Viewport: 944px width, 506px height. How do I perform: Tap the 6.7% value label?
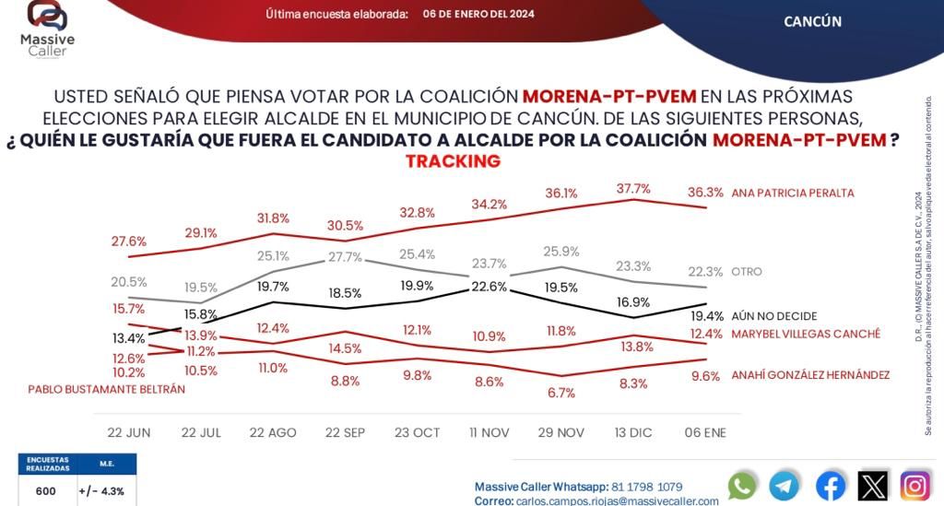click(560, 393)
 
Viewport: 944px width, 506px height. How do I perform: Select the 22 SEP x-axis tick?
click(345, 432)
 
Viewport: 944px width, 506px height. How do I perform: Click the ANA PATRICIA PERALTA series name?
click(792, 194)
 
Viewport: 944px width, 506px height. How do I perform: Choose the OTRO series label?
click(747, 272)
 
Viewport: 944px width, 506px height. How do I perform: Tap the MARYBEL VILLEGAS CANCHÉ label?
click(805, 334)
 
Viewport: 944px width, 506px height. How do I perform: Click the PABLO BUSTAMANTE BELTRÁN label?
click(107, 389)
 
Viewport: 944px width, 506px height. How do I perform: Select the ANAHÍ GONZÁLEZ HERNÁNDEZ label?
click(810, 375)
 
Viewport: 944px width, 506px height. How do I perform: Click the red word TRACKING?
click(453, 161)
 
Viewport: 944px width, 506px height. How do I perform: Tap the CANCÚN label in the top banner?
click(812, 21)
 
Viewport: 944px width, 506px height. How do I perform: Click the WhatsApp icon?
click(742, 486)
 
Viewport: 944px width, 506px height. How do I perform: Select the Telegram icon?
click(785, 486)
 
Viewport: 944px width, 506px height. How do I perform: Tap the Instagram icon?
click(914, 486)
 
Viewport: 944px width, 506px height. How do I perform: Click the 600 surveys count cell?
click(46, 491)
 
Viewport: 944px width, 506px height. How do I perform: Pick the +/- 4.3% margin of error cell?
click(106, 491)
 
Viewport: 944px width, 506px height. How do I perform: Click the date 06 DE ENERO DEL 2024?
click(478, 14)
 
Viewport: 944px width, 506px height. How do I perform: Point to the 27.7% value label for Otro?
click(344, 257)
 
